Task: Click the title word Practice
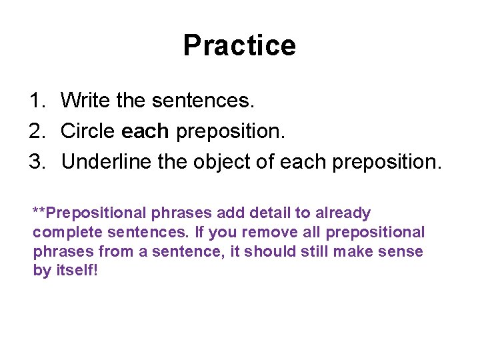click(x=239, y=46)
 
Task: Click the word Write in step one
click(x=85, y=101)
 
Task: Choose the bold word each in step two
click(x=145, y=132)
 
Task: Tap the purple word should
click(x=275, y=252)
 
